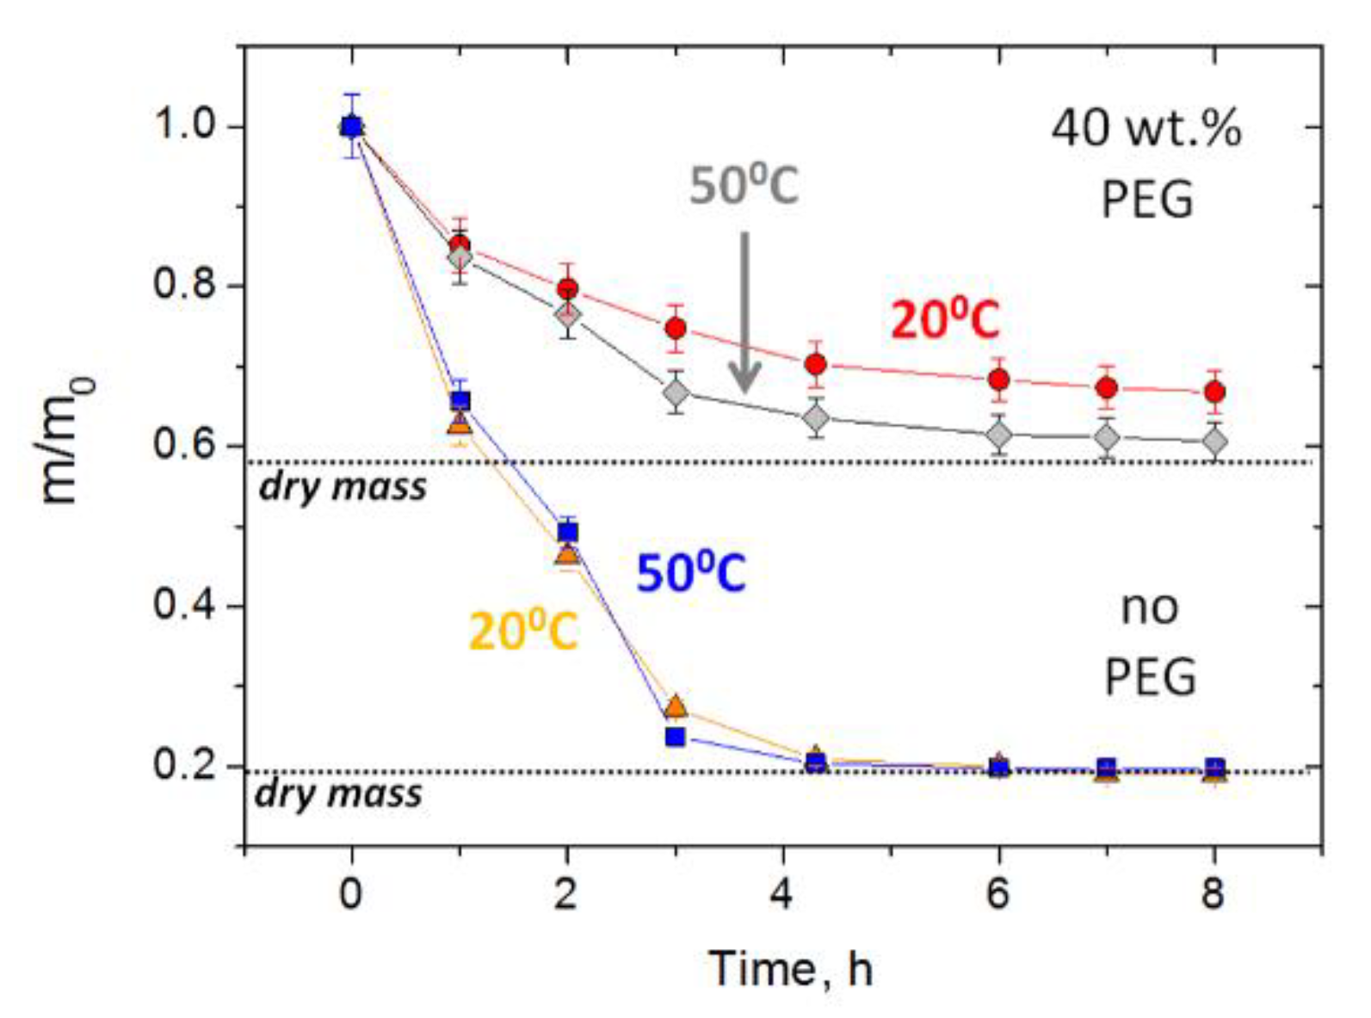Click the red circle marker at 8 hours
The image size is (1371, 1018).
(1214, 392)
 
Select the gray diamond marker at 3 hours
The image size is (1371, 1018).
(676, 394)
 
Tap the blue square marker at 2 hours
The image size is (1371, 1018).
(567, 533)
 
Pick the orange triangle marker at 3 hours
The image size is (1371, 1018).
(676, 706)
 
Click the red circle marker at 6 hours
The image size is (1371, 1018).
(998, 379)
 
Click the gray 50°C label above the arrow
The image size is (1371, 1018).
(744, 185)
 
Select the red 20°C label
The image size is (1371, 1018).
(944, 320)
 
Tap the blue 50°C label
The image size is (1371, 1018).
(690, 573)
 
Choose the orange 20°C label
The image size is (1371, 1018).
(522, 632)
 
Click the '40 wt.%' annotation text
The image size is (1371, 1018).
(1146, 129)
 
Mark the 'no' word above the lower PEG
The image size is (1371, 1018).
(1149, 608)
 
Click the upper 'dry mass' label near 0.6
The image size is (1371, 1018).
(343, 488)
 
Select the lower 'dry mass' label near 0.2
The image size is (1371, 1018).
(338, 793)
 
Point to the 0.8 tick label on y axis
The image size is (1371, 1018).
(183, 285)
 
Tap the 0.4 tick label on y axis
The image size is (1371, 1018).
(183, 605)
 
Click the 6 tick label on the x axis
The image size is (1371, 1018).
(997, 895)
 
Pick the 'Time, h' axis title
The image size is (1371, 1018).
(790, 969)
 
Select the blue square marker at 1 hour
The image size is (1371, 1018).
(460, 400)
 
